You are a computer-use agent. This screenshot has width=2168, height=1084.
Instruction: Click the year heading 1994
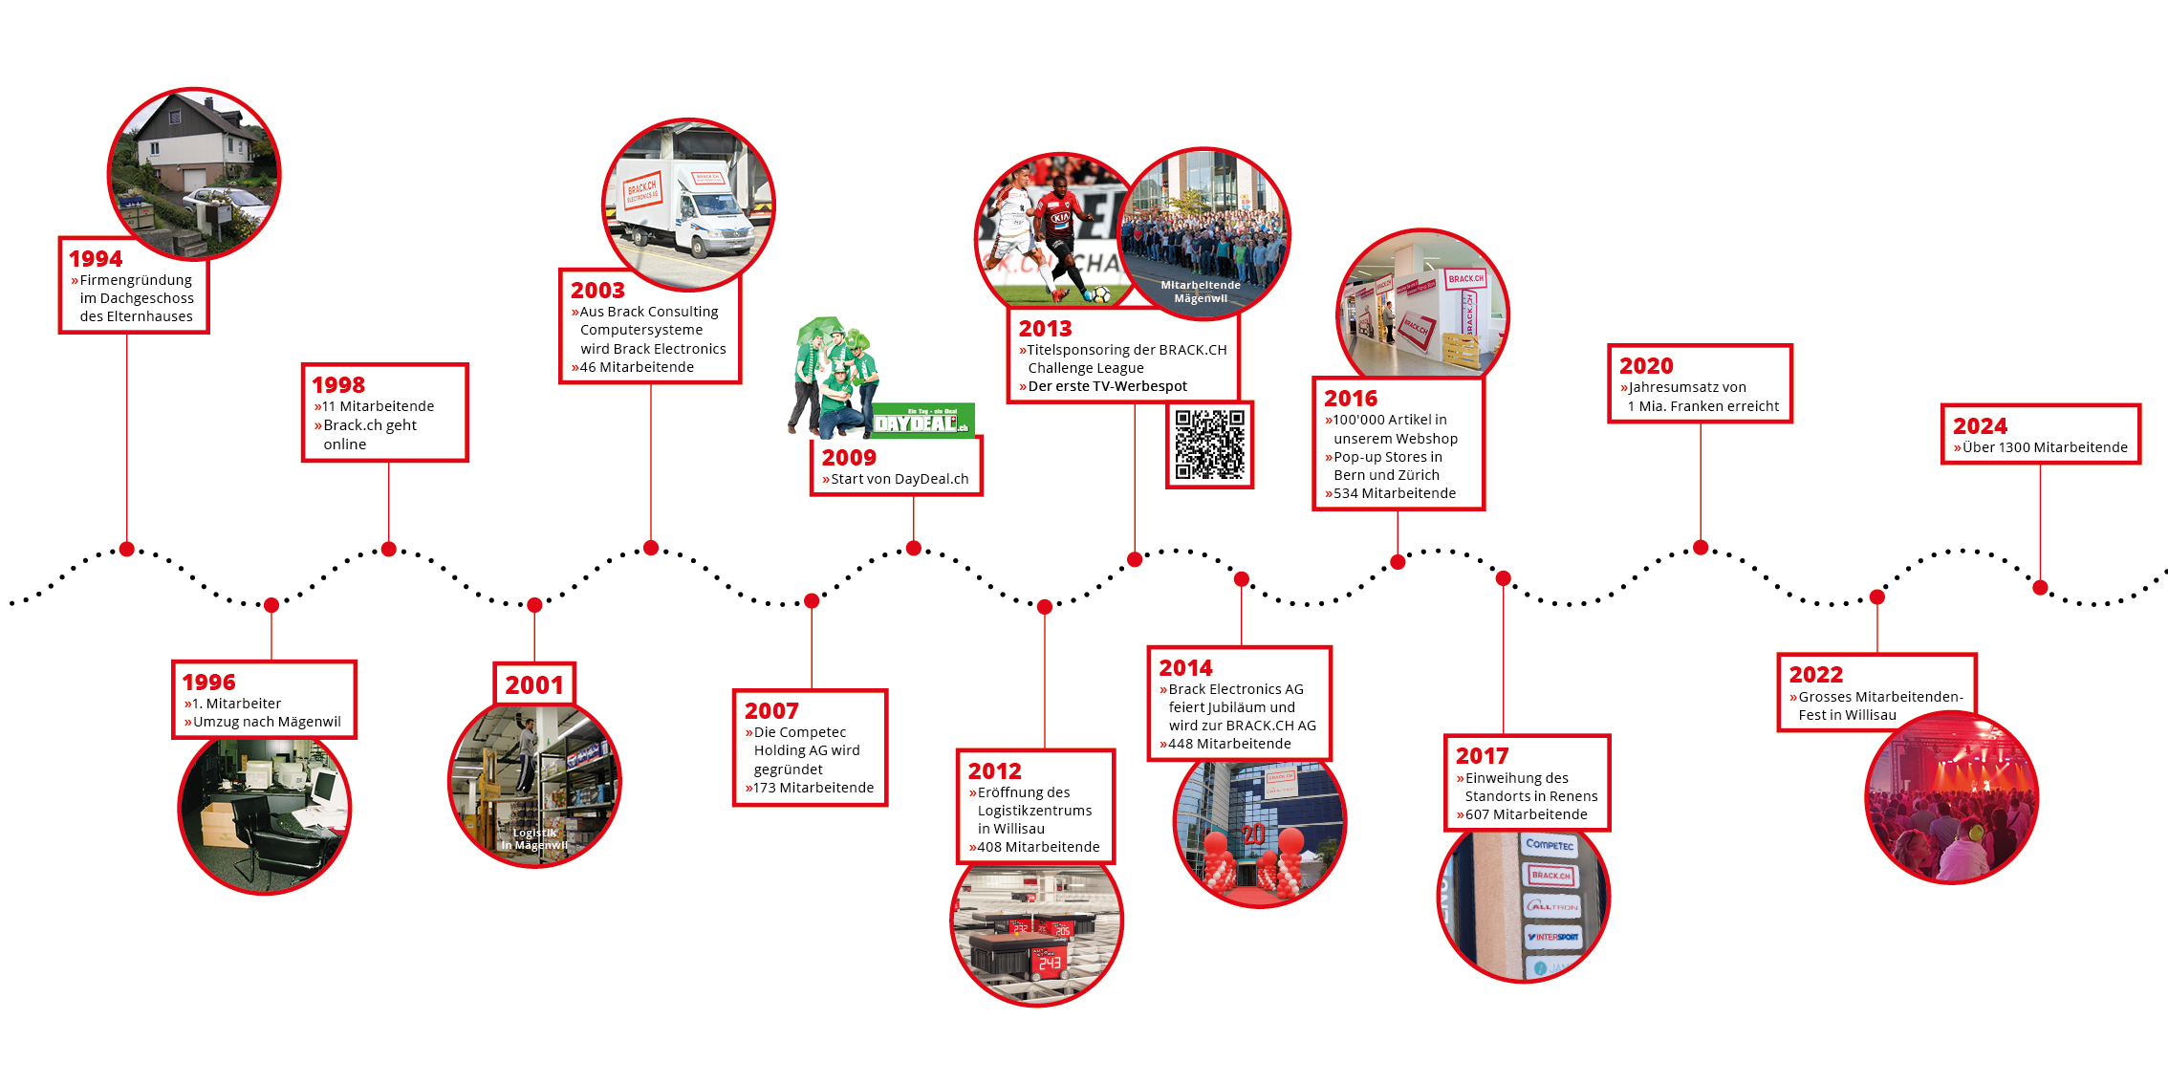96,259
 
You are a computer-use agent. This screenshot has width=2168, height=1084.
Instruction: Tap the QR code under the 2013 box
1209,444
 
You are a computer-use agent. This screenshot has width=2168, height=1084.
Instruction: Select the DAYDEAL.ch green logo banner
923,421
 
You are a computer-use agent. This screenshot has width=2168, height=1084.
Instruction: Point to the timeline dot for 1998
389,549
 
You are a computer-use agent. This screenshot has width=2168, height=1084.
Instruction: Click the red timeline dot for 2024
2040,588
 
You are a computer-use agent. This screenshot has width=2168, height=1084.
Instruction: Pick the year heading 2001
534,685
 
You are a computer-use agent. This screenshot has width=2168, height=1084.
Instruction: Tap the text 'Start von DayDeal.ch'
900,479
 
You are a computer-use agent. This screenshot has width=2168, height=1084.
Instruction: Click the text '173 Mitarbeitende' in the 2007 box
813,788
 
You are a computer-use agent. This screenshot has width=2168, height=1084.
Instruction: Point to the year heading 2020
1646,366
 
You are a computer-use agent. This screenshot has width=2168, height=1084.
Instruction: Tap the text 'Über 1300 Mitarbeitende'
2045,447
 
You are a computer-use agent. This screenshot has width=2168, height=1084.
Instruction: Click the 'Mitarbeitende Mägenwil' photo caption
1201,292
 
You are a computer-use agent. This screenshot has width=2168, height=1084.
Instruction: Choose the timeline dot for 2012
1045,607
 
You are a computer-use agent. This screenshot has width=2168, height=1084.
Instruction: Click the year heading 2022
1816,675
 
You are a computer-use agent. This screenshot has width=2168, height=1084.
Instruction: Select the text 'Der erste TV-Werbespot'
1108,386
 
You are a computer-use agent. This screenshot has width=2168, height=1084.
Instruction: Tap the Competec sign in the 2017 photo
1550,844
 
